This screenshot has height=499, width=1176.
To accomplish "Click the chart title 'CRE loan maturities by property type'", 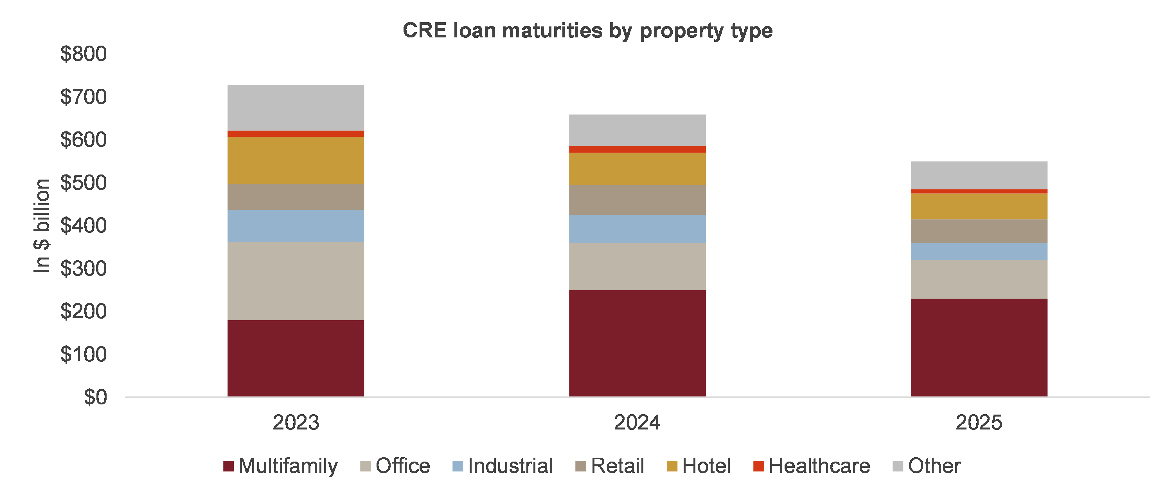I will pyautogui.click(x=587, y=31).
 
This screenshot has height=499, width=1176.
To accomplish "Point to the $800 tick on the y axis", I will pyautogui.click(x=84, y=54).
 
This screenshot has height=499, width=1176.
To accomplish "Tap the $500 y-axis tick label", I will pyautogui.click(x=84, y=183).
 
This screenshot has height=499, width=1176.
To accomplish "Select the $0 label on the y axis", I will pyautogui.click(x=95, y=397).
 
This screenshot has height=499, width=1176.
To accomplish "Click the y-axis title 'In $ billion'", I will pyautogui.click(x=42, y=226).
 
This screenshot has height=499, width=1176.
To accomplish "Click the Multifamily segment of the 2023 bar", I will pyautogui.click(x=296, y=358).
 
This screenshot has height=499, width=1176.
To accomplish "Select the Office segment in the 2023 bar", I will pyautogui.click(x=296, y=281).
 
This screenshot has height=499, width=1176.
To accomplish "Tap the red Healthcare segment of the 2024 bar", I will pyautogui.click(x=637, y=149).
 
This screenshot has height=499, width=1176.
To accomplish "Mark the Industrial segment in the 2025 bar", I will pyautogui.click(x=979, y=251).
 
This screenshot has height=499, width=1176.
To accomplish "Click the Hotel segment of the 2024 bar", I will pyautogui.click(x=637, y=169).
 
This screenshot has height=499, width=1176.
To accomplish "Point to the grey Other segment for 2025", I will pyautogui.click(x=979, y=175).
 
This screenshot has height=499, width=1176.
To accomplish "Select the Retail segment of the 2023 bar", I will pyautogui.click(x=296, y=197).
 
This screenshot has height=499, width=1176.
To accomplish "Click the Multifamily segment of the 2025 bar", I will pyautogui.click(x=979, y=347).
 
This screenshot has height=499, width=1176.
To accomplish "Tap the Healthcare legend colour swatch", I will pyautogui.click(x=758, y=466).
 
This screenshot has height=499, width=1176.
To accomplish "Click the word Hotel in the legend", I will pyautogui.click(x=706, y=466).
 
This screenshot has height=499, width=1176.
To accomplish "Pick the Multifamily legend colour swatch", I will pyautogui.click(x=228, y=466).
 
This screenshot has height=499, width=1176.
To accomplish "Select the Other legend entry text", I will pyautogui.click(x=934, y=466).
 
